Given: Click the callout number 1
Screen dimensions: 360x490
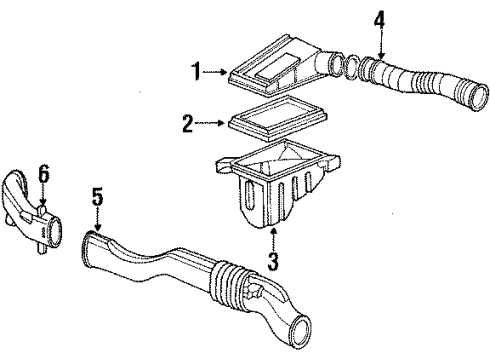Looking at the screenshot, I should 197,72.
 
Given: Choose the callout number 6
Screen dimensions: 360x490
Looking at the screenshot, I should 42,174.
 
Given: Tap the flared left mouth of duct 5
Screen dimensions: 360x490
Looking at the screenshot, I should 87,240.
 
